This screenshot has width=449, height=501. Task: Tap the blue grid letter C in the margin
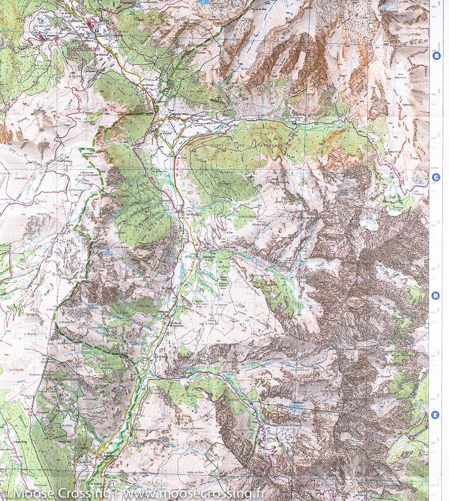(x=436, y=177)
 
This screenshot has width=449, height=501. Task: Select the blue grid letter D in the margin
(x=435, y=296)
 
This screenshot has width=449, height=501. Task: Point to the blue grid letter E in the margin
(x=435, y=415)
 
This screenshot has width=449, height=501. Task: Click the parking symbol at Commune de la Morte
(x=98, y=31)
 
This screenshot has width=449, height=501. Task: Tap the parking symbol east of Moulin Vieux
(x=294, y=123)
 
